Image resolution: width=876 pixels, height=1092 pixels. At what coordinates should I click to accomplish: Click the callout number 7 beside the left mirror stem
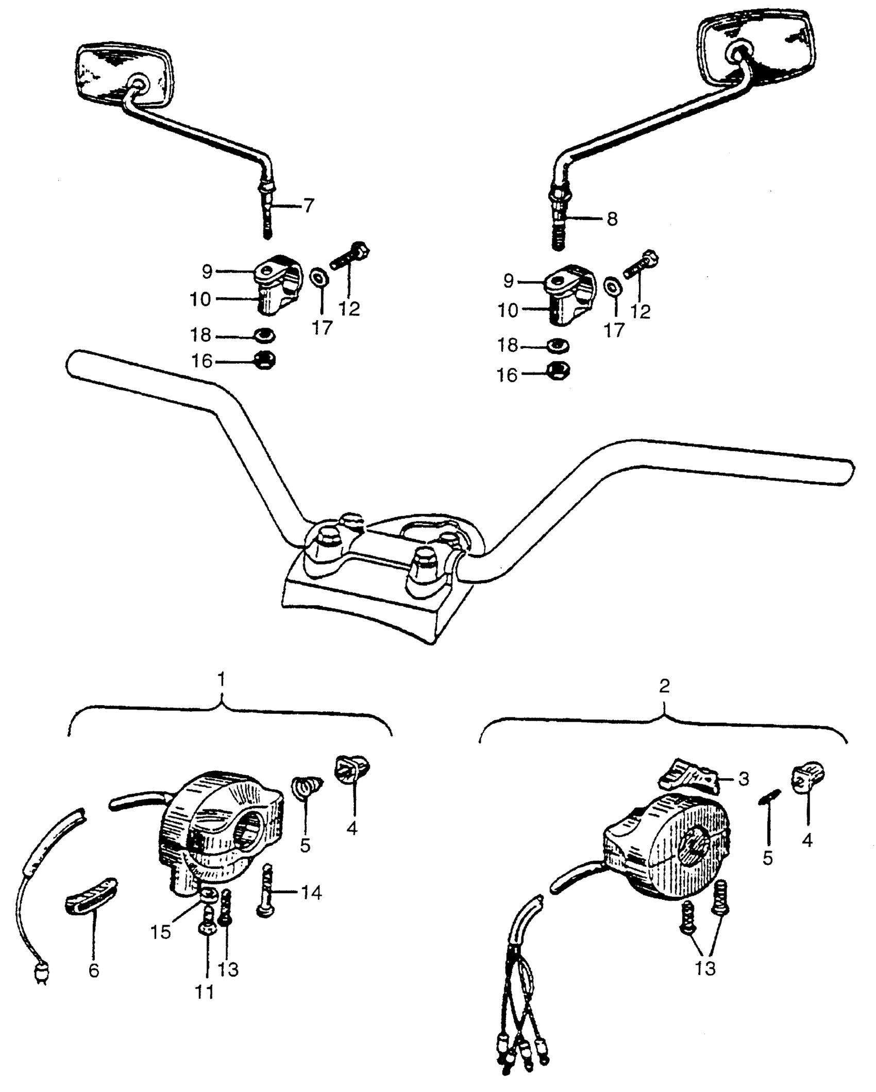pos(308,206)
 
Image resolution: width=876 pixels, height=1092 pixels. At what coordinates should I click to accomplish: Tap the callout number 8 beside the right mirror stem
pos(612,219)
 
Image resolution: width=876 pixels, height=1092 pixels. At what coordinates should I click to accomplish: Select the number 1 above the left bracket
pos(221,680)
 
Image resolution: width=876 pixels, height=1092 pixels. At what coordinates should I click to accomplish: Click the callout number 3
pos(743,779)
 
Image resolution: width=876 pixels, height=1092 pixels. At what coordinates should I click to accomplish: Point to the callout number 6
pos(93,970)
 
